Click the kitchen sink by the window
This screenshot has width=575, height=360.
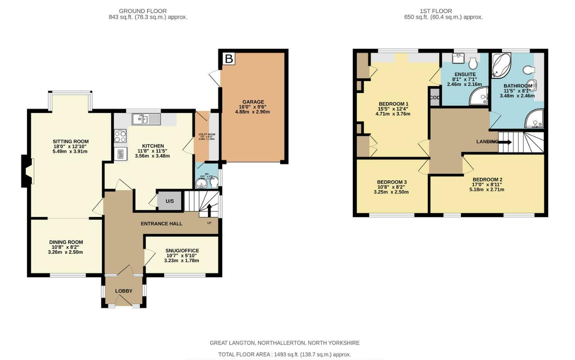[146, 119]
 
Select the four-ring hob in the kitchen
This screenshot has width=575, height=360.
[120, 136]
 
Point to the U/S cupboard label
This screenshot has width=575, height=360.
[170, 201]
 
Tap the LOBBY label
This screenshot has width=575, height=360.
[123, 291]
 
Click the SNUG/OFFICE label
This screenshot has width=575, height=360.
[181, 251]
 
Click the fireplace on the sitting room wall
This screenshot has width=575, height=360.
[27, 171]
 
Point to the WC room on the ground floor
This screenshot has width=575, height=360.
[207, 177]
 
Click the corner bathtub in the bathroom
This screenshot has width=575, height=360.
[501, 64]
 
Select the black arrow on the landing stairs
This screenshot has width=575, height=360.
[504, 142]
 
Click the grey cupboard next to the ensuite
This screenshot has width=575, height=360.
[435, 98]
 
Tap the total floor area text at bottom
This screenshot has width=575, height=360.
[285, 354]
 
